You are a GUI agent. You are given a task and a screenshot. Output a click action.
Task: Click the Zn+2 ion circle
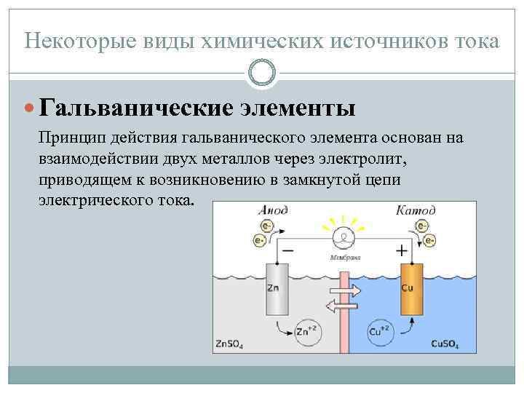[x=307, y=332]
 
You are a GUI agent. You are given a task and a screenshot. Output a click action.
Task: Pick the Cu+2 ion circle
[x=383, y=332]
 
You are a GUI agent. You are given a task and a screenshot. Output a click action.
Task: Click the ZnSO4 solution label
[x=230, y=343]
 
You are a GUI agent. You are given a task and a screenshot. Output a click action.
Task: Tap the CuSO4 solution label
[x=445, y=343]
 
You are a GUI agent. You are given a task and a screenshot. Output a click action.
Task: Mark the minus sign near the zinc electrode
[x=288, y=250]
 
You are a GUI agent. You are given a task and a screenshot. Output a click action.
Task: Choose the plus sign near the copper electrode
[x=400, y=250]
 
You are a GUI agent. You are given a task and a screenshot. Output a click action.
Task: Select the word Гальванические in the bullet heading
[x=136, y=108]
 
